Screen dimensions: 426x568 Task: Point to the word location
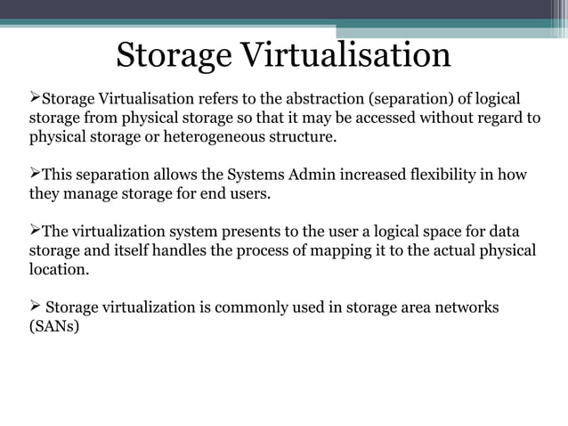[x=59, y=269]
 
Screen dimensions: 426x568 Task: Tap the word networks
[x=465, y=307]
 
